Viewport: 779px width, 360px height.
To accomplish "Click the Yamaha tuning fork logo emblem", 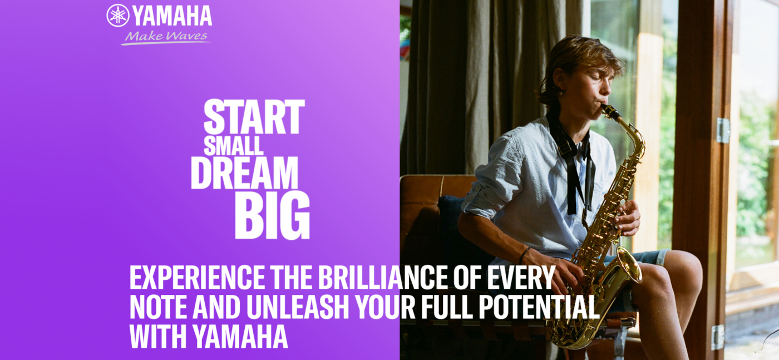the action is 118,16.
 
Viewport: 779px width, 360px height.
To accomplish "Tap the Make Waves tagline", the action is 166,37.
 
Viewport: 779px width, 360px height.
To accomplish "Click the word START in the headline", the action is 254,117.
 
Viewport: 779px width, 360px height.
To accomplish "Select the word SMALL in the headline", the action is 233,146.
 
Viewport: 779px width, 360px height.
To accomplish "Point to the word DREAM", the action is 244,173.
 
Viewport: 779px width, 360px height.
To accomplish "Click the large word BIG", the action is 272,215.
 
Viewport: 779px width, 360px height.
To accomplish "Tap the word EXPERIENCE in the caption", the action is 197,278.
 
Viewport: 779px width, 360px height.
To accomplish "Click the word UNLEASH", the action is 298,308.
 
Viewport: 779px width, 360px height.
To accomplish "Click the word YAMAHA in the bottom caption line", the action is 240,337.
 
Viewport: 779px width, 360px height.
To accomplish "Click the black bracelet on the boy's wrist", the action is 524,255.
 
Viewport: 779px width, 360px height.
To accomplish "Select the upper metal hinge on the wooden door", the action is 723,130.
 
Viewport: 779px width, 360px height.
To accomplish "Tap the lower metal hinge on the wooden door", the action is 718,337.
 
